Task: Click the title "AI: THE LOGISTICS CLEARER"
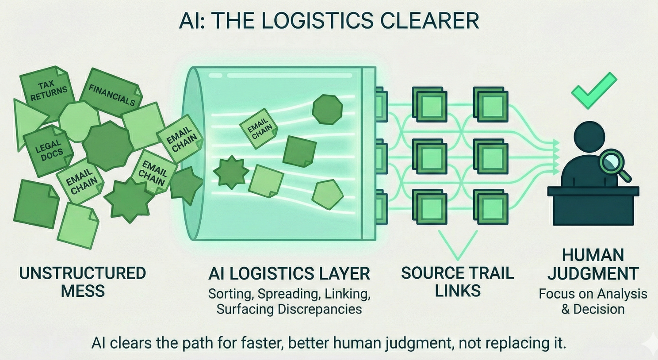coord(329,21)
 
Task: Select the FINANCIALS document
coord(111,94)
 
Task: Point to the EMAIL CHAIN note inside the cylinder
coord(259,128)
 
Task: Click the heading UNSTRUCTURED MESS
coord(83,282)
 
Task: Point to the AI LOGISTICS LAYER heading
coord(289,274)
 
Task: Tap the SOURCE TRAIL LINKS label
coord(457,282)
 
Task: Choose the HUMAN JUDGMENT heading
coord(593,264)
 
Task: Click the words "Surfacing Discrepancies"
coord(289,309)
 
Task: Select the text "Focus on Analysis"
coord(593,294)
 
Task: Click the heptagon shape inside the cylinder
coord(327,109)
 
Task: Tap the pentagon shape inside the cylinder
coord(327,195)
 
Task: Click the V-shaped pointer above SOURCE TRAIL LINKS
coord(458,245)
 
